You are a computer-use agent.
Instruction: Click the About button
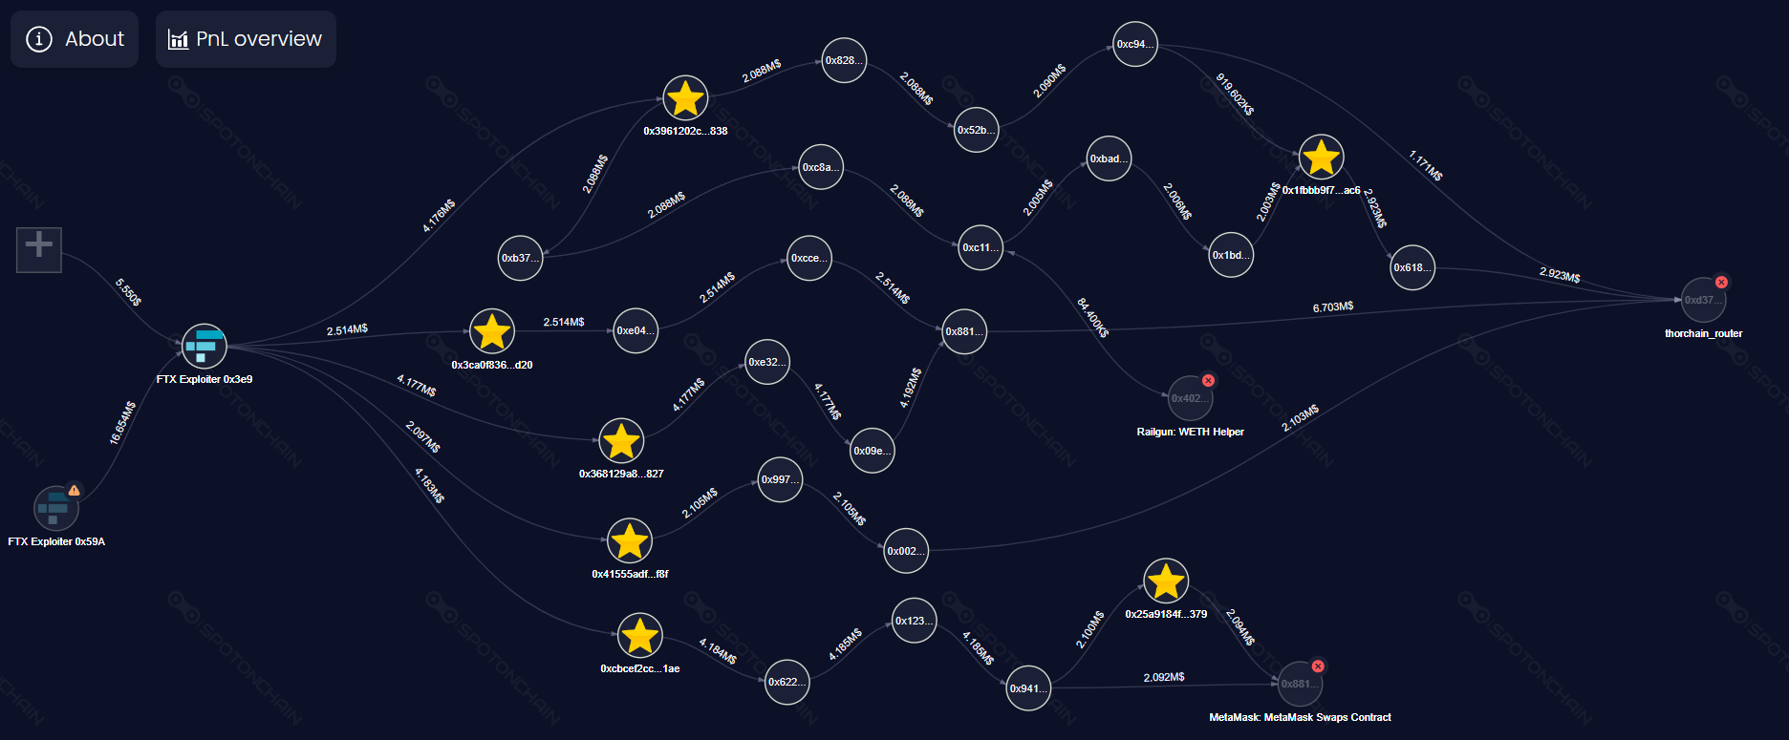click(75, 39)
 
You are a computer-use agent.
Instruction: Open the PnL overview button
click(246, 39)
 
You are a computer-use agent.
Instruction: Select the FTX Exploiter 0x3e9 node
click(205, 346)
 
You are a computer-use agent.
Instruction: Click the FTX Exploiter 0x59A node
click(56, 508)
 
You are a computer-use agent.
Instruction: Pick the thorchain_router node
click(1703, 300)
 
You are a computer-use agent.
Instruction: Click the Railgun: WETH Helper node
click(1190, 398)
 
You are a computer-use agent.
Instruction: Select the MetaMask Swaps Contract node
click(1300, 684)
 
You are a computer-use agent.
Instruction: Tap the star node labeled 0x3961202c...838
click(685, 98)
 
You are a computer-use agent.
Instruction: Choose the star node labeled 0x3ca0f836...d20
click(492, 331)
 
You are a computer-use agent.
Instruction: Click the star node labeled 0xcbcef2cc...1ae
click(639, 636)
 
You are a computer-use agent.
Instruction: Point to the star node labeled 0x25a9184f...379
click(1166, 581)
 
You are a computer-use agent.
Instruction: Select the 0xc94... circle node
click(1135, 44)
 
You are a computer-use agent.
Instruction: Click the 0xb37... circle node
click(521, 258)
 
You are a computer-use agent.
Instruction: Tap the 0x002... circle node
click(906, 551)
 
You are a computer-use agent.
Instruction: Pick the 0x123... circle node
click(915, 621)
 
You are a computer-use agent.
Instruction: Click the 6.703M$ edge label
click(1333, 307)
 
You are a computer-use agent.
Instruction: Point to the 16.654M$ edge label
click(122, 423)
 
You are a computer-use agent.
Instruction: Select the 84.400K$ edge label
click(1092, 317)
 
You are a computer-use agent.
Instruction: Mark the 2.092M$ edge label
click(1164, 677)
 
